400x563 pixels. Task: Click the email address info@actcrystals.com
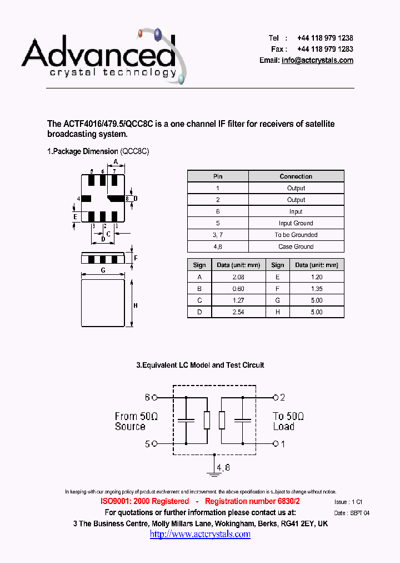coord(317,60)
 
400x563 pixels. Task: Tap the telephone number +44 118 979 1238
coord(325,38)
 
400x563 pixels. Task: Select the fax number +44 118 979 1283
coord(325,49)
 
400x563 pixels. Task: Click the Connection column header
coord(296,176)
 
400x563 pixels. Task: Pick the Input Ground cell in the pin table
coord(296,223)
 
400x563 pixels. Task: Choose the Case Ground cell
coord(296,246)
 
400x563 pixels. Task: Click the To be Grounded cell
coord(296,235)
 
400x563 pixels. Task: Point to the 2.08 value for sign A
coord(238,277)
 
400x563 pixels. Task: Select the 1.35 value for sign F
coord(316,289)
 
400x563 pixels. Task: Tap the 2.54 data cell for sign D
coord(238,312)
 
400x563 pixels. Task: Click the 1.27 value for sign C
coord(238,300)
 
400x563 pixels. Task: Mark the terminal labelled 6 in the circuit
coord(155,398)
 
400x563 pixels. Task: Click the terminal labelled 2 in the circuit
coord(274,397)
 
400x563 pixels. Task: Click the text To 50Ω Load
coord(288,421)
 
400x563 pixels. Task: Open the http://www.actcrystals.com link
coord(200,534)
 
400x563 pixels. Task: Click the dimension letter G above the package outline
coord(103,270)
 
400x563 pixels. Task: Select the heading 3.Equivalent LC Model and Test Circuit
coord(200,365)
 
